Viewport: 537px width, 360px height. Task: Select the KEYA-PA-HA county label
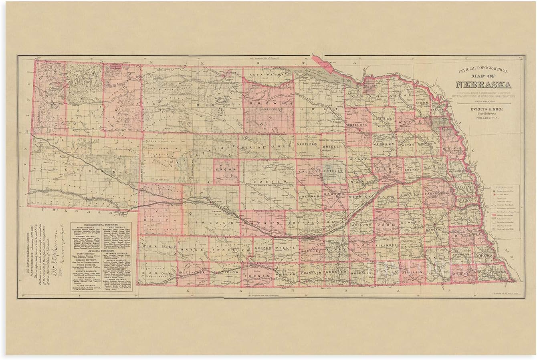click(x=264, y=75)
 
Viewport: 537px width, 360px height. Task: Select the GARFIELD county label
click(x=307, y=143)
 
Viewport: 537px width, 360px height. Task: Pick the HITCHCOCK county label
click(x=195, y=272)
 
